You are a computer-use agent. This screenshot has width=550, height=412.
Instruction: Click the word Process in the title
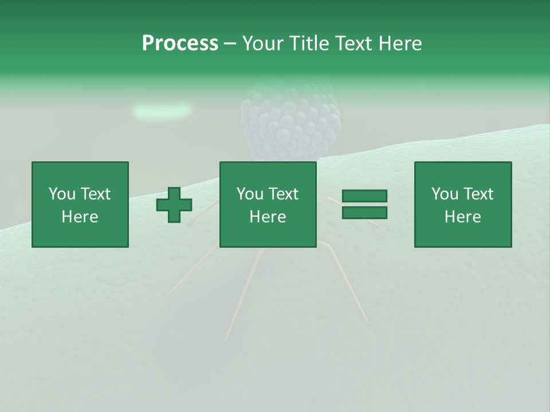[x=180, y=43]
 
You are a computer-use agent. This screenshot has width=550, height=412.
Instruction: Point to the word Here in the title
[x=400, y=43]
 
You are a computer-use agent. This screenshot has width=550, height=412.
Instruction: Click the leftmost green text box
[x=80, y=204]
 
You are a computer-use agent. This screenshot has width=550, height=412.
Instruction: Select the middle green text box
[x=268, y=204]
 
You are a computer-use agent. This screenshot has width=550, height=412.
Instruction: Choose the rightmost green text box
[x=463, y=204]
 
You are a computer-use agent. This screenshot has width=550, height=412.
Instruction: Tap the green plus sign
[x=174, y=205]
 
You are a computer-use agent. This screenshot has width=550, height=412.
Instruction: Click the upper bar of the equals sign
[x=364, y=196]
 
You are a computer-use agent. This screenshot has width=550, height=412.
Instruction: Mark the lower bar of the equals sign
[x=364, y=212]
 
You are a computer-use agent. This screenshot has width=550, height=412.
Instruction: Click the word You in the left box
[x=61, y=194]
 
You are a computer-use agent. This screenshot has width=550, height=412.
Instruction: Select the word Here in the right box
[x=463, y=217]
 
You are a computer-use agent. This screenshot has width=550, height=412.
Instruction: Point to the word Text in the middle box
[x=284, y=194]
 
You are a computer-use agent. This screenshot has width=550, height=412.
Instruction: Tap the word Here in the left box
[x=80, y=217]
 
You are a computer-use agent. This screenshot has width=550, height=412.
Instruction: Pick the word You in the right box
[x=444, y=194]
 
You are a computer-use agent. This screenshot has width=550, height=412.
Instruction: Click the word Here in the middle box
[x=268, y=217]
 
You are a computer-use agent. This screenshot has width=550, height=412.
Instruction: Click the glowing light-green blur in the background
[x=162, y=110]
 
